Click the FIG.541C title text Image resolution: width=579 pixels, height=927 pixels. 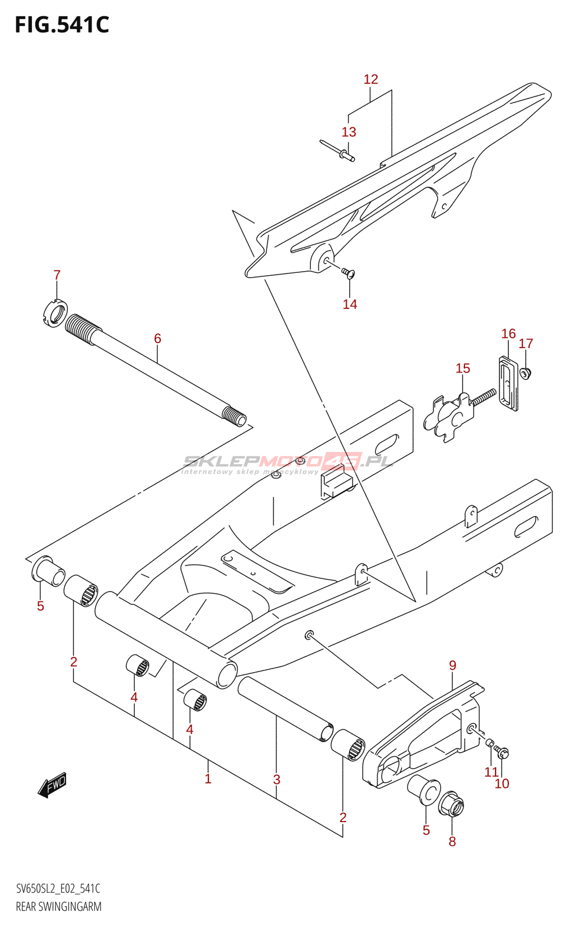(61, 25)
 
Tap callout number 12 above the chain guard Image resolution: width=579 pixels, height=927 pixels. (371, 79)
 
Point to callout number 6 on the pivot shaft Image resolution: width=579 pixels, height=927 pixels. (157, 338)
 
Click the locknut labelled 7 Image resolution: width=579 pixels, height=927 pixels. (56, 313)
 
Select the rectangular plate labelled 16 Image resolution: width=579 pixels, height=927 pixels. (508, 384)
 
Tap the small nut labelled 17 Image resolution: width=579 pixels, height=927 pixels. (526, 373)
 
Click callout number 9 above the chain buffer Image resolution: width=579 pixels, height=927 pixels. (452, 666)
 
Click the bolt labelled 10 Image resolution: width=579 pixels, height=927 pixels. (503, 753)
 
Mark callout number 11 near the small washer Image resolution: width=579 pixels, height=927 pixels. (492, 772)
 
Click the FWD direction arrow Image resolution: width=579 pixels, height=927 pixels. (53, 784)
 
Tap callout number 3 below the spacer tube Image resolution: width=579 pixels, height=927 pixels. (277, 780)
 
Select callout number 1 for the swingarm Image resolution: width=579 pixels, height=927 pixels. (208, 779)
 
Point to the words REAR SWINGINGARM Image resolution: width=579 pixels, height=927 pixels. (58, 907)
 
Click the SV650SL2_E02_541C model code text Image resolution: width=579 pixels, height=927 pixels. (58, 889)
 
